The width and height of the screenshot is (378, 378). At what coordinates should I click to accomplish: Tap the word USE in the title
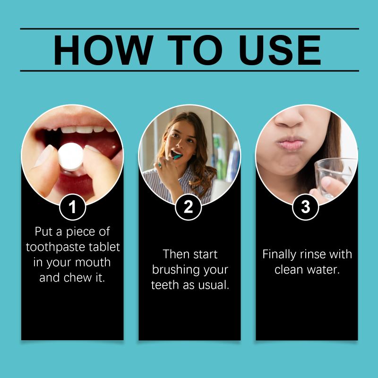click(280, 50)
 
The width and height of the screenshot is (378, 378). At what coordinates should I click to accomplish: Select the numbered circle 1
click(73, 207)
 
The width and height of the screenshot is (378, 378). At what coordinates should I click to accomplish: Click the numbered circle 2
click(188, 207)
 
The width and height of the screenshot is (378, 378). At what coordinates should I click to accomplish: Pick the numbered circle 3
click(305, 207)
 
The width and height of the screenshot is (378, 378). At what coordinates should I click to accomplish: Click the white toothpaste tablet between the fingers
click(70, 157)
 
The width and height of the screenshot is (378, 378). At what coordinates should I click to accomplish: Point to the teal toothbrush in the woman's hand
click(171, 160)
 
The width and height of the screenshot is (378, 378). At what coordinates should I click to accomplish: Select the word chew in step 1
click(77, 278)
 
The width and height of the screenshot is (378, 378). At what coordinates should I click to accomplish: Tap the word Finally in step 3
click(279, 255)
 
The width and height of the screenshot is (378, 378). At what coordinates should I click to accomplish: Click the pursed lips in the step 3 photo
click(291, 144)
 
